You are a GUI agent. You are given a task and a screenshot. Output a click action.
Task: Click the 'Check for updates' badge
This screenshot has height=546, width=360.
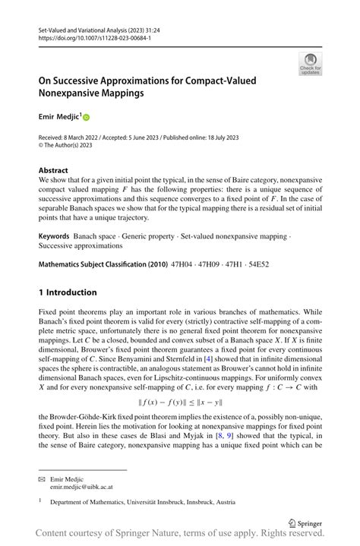310,65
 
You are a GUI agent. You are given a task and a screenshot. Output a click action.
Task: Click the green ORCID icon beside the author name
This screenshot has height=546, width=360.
87,118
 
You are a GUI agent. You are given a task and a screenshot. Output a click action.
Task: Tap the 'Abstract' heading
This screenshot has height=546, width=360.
53,171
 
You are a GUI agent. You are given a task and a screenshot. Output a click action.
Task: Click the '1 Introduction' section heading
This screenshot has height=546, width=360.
68,292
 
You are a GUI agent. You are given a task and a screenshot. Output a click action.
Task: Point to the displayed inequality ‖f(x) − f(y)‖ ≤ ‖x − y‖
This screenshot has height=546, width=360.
179,402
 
